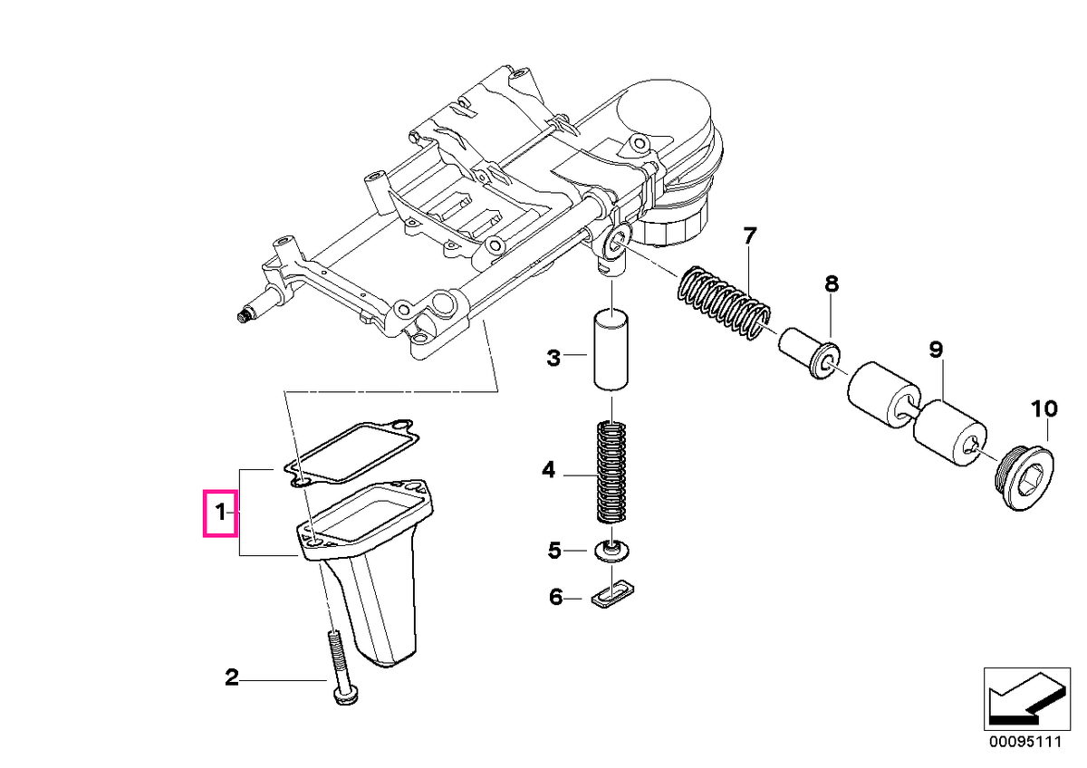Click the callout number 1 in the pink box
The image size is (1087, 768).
[x=220, y=513]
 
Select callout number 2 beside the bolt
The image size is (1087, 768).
[x=232, y=677]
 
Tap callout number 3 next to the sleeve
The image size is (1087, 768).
[x=553, y=358]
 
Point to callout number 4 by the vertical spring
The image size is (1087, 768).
[x=548, y=470]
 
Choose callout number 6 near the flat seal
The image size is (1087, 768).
[x=555, y=597]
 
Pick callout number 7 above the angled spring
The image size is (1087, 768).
[x=750, y=236]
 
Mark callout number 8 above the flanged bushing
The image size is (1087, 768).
[x=832, y=283]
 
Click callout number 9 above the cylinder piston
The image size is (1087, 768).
[x=936, y=350]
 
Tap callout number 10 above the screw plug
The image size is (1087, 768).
[x=1044, y=409]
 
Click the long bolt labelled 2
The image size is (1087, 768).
[x=340, y=667]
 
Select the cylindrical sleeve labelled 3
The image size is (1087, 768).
[x=611, y=351]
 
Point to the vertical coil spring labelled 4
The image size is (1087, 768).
[x=611, y=472]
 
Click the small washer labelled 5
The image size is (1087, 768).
[x=612, y=552]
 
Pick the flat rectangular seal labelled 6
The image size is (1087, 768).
[x=613, y=592]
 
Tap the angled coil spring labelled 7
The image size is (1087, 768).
[x=724, y=302]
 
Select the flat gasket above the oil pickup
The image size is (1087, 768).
[x=351, y=453]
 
